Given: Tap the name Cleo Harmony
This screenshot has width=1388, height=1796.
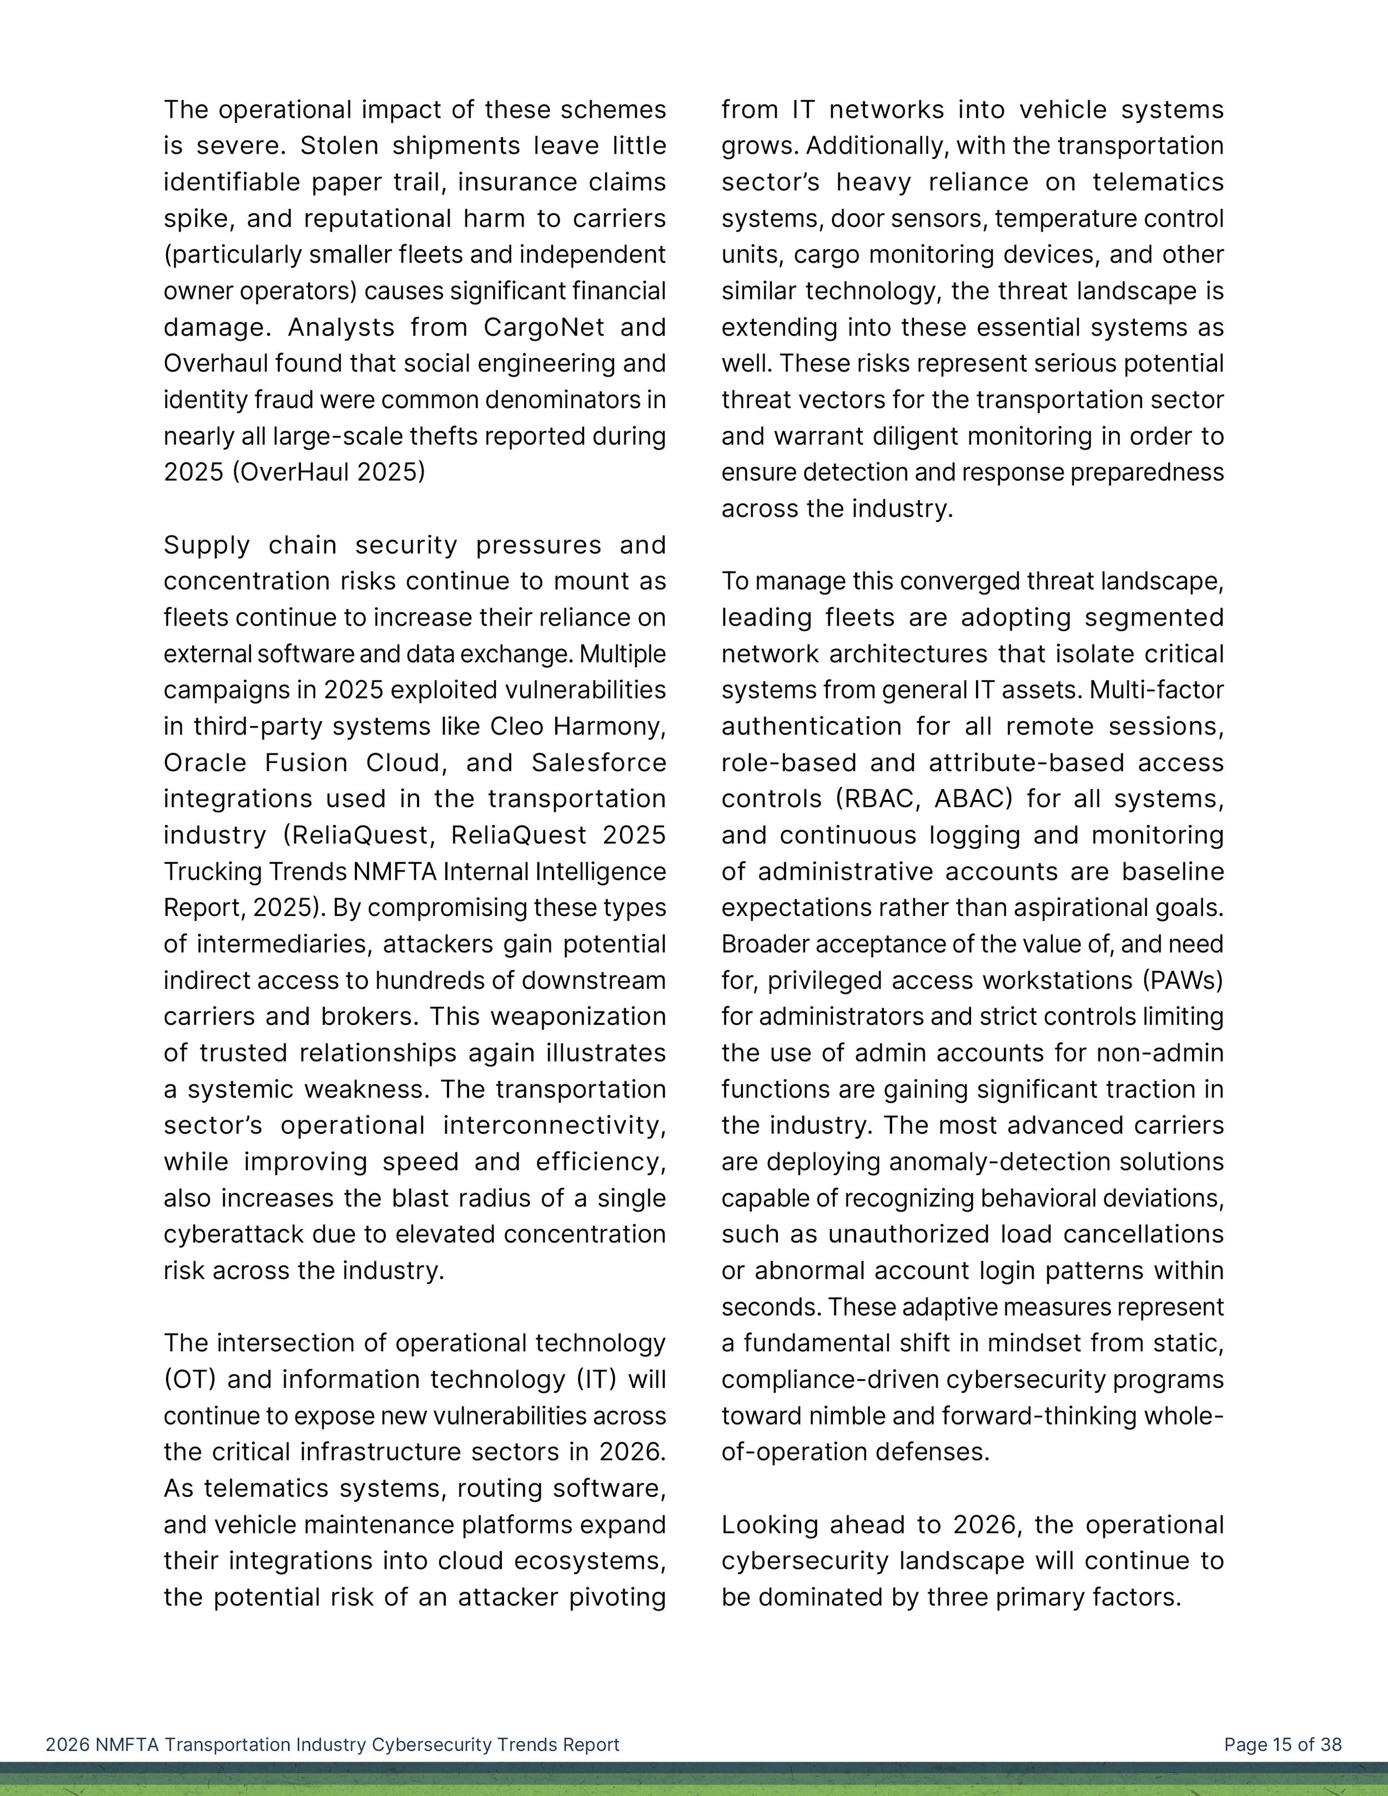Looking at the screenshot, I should coord(577,726).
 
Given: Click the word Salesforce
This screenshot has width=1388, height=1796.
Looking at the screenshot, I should coord(598,762).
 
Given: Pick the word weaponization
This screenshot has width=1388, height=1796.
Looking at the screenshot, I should coord(578,1017).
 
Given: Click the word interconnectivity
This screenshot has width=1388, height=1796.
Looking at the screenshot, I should coord(554,1125).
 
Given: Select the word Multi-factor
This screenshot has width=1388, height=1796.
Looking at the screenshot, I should coord(1156,690).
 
